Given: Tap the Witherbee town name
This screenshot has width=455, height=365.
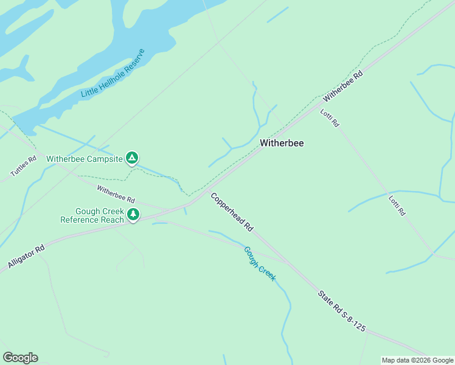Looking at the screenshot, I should click(x=282, y=143).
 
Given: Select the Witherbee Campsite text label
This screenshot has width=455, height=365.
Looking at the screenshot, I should click(x=85, y=159).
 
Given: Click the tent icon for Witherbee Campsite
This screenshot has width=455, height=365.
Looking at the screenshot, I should click(x=132, y=158).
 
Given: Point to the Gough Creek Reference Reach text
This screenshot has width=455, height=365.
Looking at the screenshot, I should click(x=92, y=215).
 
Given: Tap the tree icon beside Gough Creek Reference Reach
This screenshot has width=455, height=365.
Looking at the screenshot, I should click(x=133, y=214).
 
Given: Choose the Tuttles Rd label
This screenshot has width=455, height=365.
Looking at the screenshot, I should click(x=24, y=165).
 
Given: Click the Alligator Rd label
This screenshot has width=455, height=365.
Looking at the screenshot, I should click(x=27, y=257).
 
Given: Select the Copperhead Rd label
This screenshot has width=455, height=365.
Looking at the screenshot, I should click(x=231, y=211).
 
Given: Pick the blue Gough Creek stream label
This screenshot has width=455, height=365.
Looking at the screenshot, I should click(x=260, y=263).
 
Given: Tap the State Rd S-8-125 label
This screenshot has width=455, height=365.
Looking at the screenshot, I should click(x=341, y=311).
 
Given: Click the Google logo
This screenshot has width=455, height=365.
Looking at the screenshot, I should click(x=20, y=358).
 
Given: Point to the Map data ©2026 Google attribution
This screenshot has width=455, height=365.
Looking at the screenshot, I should click(x=417, y=360).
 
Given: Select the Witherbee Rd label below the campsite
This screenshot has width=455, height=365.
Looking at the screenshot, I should click(x=116, y=194).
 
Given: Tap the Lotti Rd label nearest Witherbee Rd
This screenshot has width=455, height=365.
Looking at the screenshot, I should click(x=330, y=117).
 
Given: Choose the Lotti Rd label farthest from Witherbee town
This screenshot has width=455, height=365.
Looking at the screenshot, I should click(x=397, y=204).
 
